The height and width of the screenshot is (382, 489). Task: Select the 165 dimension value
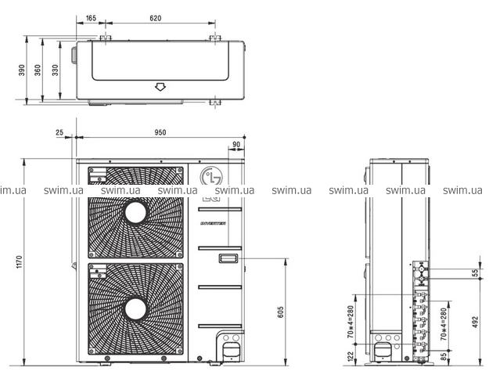[91, 17]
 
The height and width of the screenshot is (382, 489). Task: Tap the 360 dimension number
[38, 70]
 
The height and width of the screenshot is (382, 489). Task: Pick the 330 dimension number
[55, 70]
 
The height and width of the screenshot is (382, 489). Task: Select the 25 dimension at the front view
[59, 132]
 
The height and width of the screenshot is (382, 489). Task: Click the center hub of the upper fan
[136, 212]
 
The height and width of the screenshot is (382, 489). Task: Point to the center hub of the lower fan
[136, 307]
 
